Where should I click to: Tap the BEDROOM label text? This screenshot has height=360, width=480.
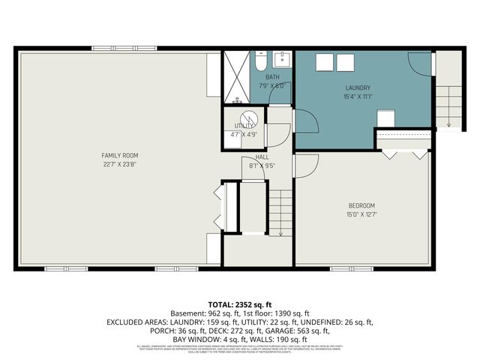click(x=361, y=205)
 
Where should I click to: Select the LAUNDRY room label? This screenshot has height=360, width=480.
click(x=357, y=88)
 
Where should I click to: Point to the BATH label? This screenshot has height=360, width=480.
click(x=271, y=76)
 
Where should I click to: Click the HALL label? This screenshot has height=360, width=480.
click(x=260, y=157)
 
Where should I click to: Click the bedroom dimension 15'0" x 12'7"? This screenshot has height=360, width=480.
click(x=361, y=214)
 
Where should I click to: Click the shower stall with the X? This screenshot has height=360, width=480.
click(x=238, y=75)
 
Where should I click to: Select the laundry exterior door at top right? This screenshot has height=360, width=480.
click(x=421, y=64)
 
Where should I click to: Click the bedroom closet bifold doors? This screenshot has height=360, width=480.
click(x=403, y=153)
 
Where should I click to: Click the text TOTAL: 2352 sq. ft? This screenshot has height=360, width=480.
click(x=240, y=304)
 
